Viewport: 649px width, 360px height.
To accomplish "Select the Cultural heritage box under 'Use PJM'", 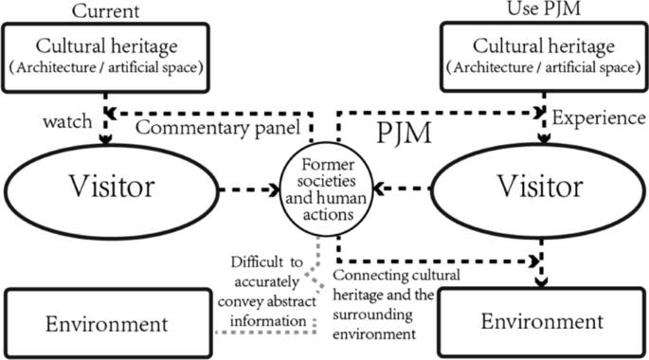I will point(541,56).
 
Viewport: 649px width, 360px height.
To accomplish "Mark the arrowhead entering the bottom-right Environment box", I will point(541,279).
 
